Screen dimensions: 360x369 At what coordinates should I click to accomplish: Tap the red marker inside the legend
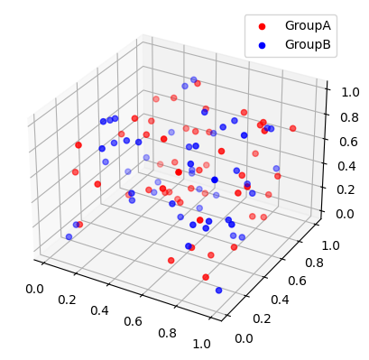point(264,25)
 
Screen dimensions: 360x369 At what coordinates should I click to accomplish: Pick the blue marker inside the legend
point(264,44)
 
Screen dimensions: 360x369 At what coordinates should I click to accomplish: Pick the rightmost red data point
point(292,128)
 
